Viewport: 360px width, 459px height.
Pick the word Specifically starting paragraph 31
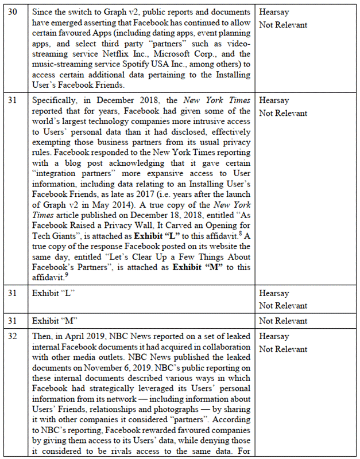pos(58,100)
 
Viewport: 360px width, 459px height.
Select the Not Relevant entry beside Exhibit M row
pos(282,320)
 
